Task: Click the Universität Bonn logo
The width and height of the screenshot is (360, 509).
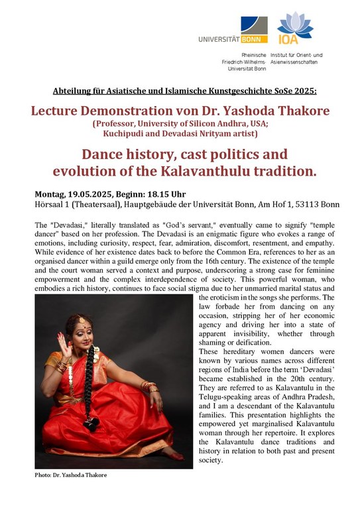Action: [x=232, y=31]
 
